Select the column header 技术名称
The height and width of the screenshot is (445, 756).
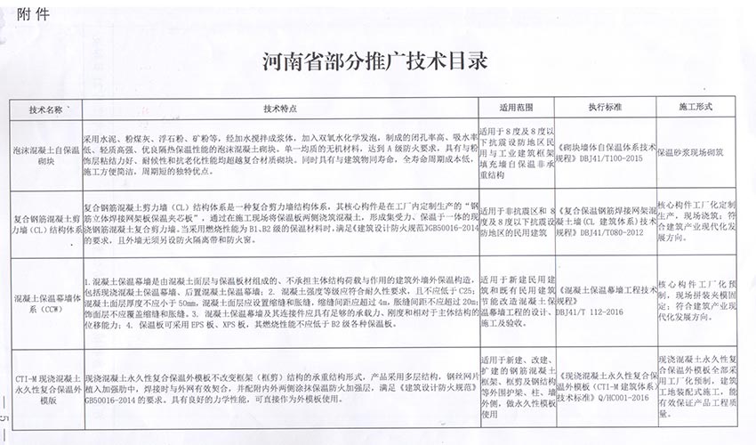[x=45, y=109]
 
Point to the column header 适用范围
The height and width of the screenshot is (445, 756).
[x=514, y=109]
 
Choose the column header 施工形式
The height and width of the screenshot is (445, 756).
[x=697, y=109]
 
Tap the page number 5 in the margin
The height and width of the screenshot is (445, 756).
[x=5, y=418]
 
